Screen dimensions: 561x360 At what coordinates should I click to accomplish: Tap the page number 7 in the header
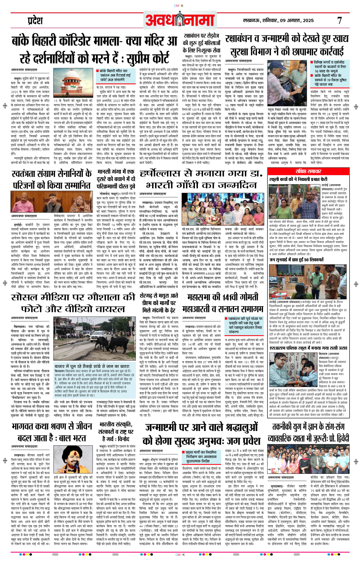coord(339,21)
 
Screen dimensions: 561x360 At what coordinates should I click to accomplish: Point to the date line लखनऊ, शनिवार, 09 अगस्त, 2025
coord(278,21)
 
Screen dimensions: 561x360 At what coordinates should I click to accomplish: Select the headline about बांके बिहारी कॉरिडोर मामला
coord(95,49)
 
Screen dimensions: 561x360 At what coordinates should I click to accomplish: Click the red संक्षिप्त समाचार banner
coord(308,171)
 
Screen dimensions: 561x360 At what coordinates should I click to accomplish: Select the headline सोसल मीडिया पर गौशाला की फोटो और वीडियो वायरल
coord(73,303)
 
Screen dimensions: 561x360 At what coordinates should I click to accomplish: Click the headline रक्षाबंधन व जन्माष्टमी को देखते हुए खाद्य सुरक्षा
coord(287,45)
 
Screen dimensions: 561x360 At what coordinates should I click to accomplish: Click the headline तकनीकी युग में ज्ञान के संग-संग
coord(308,432)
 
